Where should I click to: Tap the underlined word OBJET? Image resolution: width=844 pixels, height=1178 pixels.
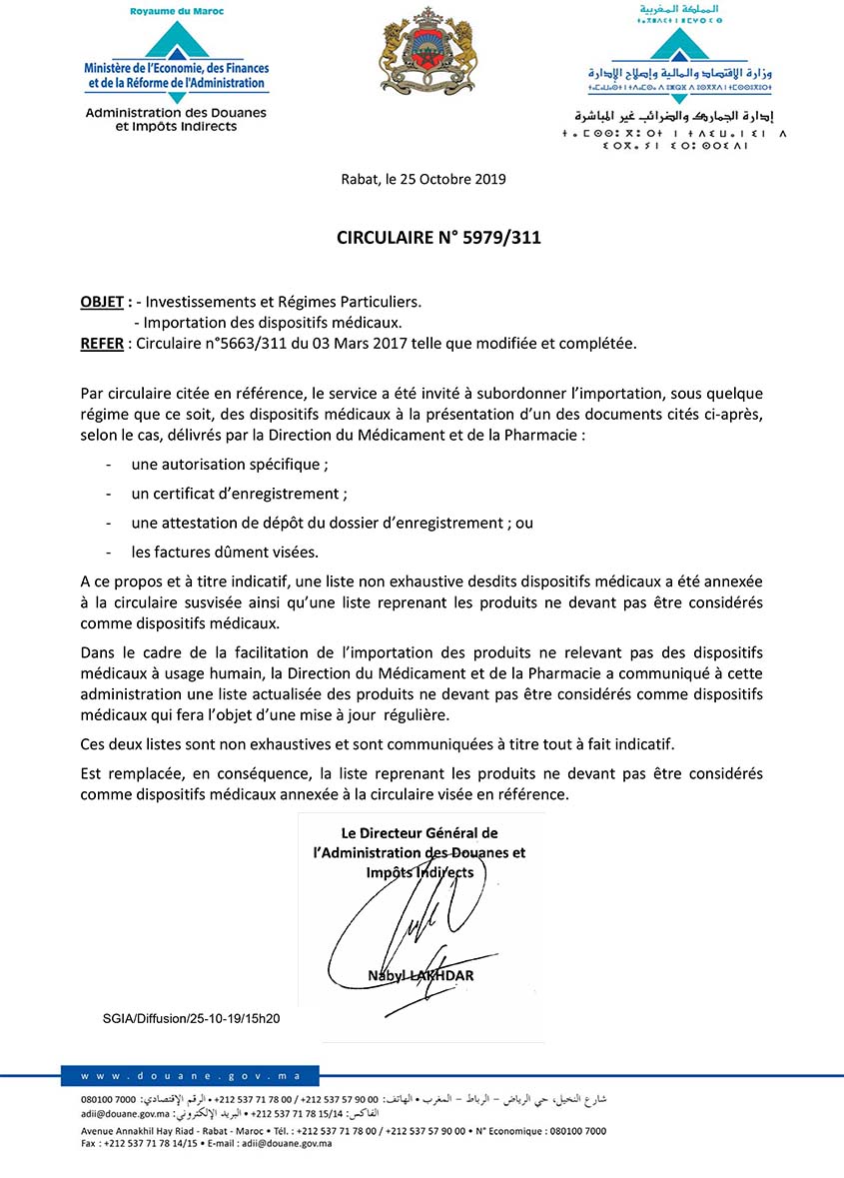click(x=102, y=301)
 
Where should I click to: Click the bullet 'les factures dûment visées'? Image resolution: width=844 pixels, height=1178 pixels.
click(x=225, y=552)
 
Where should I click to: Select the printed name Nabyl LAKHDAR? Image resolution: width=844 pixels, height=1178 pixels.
click(x=421, y=975)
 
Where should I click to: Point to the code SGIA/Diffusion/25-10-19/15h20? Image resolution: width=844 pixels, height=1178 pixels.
click(x=191, y=1018)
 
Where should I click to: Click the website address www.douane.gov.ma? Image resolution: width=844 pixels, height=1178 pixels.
click(x=189, y=1075)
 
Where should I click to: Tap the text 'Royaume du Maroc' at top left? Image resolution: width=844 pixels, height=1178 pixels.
click(x=176, y=11)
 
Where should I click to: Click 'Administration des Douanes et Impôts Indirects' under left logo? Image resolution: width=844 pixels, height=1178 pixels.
click(x=176, y=120)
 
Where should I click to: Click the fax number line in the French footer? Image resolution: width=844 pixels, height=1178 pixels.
click(x=207, y=1143)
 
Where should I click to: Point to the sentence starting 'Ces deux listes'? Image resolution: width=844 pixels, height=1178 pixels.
click(x=379, y=744)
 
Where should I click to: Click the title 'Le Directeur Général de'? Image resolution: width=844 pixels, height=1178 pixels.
click(x=420, y=832)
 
